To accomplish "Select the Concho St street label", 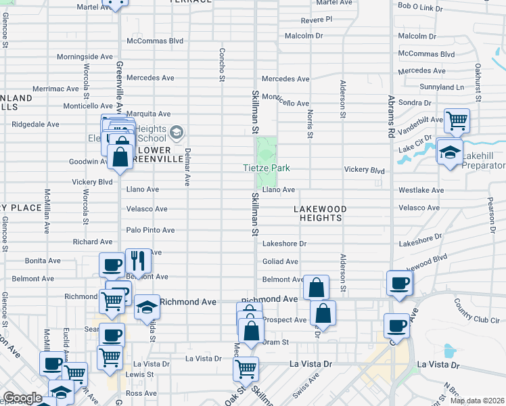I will (221, 65).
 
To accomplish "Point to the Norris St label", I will (310, 125).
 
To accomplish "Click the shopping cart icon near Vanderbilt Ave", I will (457, 121).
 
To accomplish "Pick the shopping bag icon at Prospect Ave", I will (323, 314).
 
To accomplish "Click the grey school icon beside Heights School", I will (177, 131).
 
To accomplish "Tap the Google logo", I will (22, 398).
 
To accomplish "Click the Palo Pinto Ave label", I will (151, 230).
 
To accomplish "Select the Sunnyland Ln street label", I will (441, 87).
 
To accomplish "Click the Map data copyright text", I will (477, 401).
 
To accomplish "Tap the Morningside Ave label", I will (85, 57).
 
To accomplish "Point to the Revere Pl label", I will (317, 20).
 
